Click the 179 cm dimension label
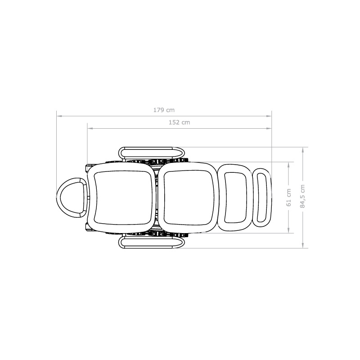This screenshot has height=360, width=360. (x=164, y=110)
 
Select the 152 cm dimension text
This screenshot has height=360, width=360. (x=179, y=122)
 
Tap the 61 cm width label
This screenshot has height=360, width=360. (x=288, y=198)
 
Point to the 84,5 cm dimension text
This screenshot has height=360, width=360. (x=302, y=196)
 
